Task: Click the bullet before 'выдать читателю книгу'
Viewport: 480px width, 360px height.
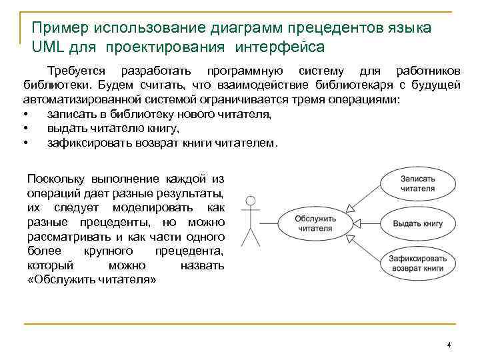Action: pos(25,129)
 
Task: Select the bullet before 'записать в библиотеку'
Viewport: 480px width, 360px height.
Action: pos(25,115)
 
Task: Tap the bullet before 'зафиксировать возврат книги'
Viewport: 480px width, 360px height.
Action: pos(25,143)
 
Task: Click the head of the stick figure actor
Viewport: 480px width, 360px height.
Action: pos(251,200)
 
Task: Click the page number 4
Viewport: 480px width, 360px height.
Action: pos(449,345)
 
